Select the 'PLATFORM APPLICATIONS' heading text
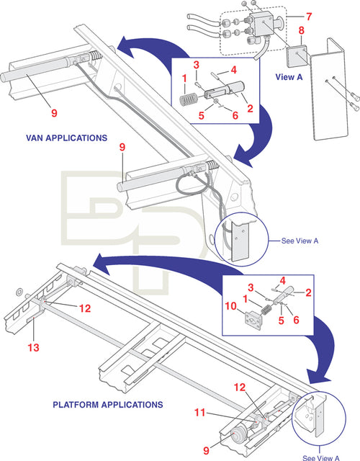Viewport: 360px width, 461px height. click(x=108, y=405)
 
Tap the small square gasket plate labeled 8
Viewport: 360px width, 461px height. click(x=295, y=56)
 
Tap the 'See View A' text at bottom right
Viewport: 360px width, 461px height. click(x=321, y=457)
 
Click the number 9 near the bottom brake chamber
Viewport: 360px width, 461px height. click(x=207, y=449)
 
